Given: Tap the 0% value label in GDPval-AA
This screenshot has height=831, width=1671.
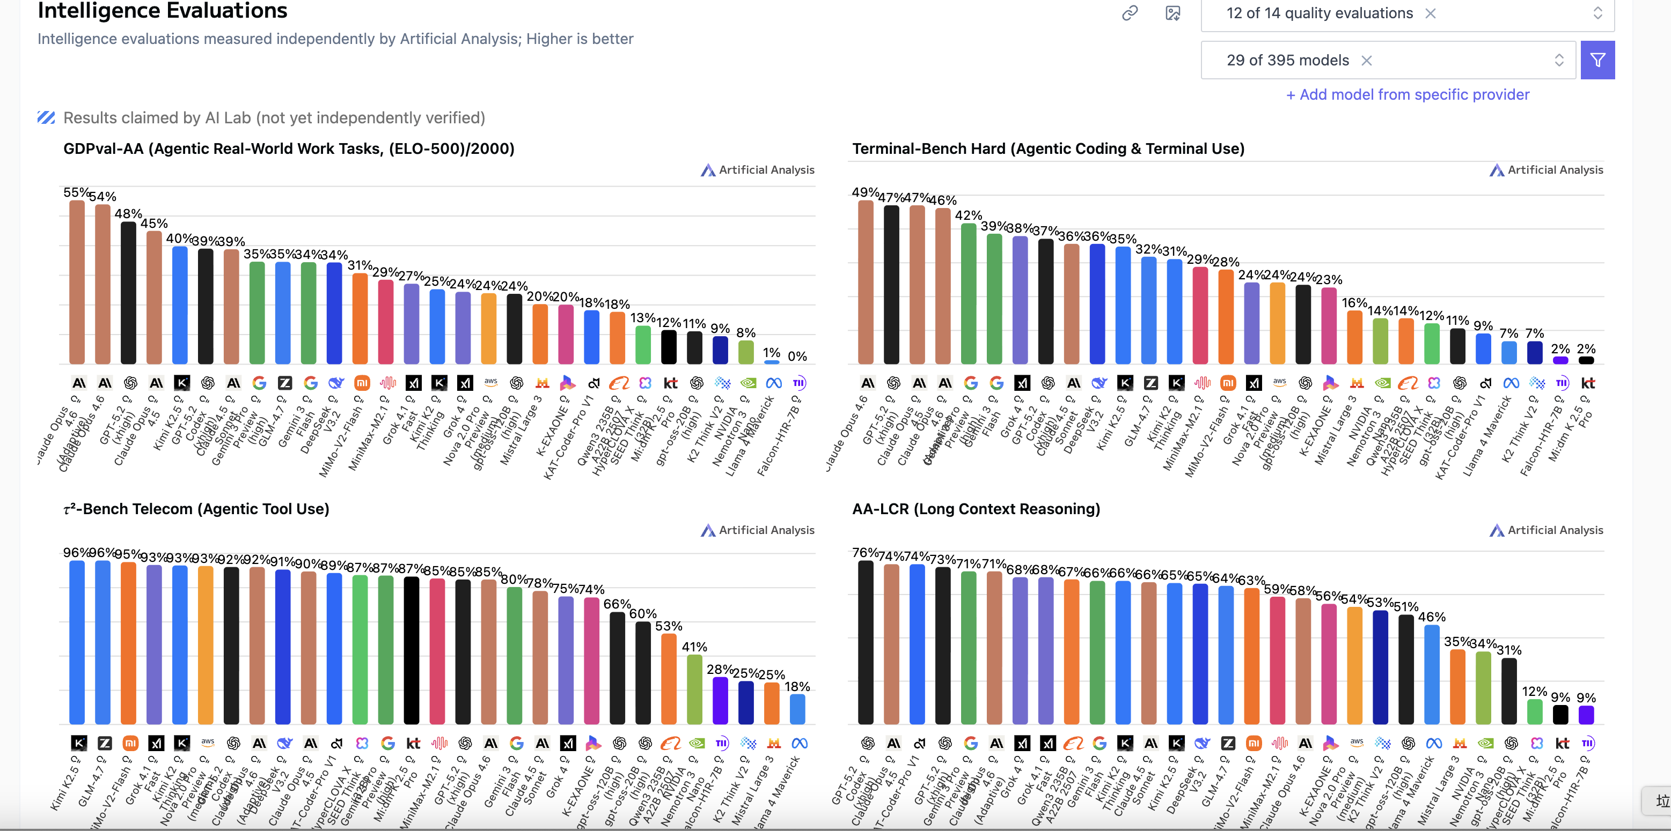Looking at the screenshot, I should coord(797,357).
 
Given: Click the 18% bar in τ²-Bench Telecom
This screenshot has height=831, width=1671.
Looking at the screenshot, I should coord(797,709).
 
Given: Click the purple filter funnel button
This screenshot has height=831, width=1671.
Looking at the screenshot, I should coord(1597,60).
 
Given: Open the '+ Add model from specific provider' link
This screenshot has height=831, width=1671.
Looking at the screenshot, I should coord(1407,95).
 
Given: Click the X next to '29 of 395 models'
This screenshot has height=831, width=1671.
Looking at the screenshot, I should coord(1366,60).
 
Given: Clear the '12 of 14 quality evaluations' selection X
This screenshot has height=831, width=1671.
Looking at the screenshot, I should coord(1430,13).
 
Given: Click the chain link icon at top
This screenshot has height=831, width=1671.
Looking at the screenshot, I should coord(1130,13).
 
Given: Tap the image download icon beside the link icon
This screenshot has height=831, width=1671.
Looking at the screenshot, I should coord(1172,13).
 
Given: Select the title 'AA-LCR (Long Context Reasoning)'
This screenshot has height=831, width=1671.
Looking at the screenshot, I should coord(976,509).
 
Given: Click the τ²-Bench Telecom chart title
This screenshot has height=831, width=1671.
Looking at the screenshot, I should coord(196,509).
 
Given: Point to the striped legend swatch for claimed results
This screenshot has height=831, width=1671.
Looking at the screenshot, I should coord(46,118).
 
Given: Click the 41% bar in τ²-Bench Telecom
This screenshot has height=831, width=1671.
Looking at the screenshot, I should coord(694,689).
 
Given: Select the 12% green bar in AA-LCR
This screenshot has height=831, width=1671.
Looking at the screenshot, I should coord(1534,712).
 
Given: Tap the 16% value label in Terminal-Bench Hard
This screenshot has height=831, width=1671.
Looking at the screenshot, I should coord(1354,303).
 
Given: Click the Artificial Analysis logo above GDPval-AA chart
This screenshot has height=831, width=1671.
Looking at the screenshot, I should coord(757,170).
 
